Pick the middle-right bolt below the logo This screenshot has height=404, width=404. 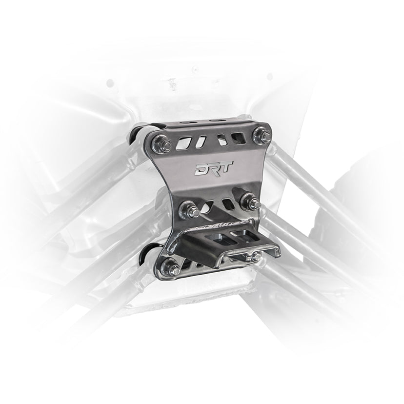tap(249, 200)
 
